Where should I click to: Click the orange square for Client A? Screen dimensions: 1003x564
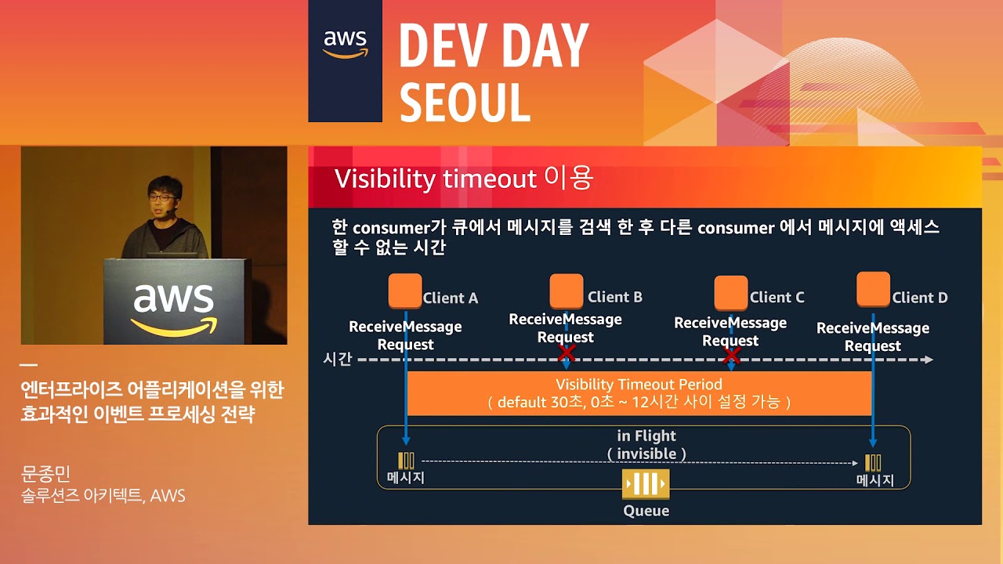pos(405,291)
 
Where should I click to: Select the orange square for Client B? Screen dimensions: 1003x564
pos(567,291)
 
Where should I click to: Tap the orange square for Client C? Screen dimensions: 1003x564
pos(731,293)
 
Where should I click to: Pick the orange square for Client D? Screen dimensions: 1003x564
pos(873,289)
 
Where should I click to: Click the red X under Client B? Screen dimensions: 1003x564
pos(567,354)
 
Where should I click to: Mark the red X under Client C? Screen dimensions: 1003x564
pos(732,356)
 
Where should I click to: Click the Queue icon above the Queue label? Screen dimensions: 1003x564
pos(646,484)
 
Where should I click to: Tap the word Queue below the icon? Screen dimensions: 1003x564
pos(646,511)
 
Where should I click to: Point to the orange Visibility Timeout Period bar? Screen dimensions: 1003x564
pos(639,393)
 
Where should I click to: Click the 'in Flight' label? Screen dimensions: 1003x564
pos(646,436)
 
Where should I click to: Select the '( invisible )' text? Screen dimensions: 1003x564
pos(646,454)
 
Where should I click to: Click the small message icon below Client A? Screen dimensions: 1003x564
pos(406,461)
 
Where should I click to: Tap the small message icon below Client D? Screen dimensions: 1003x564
pos(873,462)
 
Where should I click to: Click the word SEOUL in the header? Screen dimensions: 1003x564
pos(465,101)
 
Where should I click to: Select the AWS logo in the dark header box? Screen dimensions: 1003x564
pos(346,44)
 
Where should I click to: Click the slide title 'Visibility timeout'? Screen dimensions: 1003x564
pos(435,179)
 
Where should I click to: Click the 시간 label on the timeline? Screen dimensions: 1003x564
pos(338,360)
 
